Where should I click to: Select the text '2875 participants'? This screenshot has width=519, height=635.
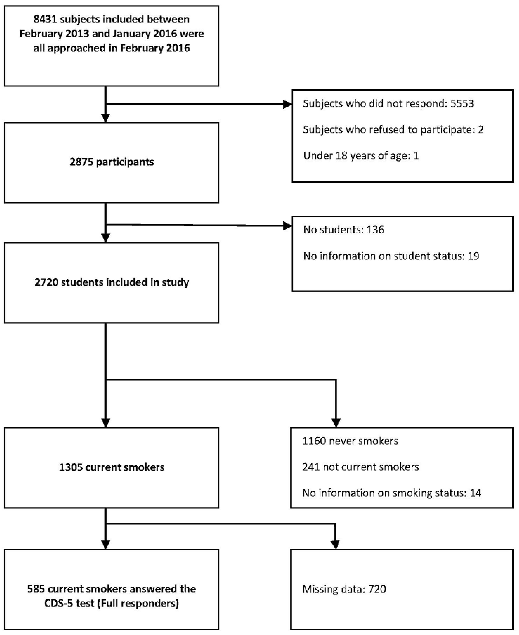coord(112,162)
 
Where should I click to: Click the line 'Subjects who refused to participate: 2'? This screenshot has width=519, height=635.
coord(393,130)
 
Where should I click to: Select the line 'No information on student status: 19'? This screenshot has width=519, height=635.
coord(391,256)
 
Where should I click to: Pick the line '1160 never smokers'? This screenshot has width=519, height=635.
coord(350,441)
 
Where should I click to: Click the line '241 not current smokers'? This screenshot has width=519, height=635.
coord(360,467)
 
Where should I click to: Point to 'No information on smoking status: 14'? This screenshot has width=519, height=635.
coord(392,493)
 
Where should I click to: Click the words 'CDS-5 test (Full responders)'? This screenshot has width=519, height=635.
coord(112,603)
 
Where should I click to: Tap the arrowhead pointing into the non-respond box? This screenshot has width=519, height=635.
coord(287,104)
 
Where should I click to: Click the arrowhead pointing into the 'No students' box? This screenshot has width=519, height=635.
coord(287,226)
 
